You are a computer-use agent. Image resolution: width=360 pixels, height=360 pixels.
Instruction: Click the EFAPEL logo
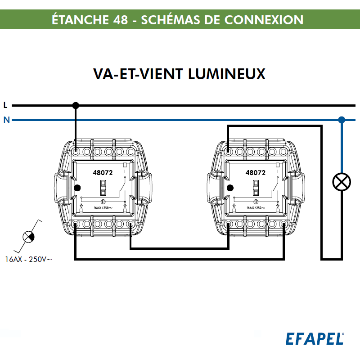pyautogui.click(x=315, y=338)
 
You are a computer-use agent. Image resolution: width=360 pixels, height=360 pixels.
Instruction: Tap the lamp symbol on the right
pyautogui.click(x=342, y=181)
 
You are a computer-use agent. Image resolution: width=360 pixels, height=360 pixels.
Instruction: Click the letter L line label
pyautogui.click(x=5, y=105)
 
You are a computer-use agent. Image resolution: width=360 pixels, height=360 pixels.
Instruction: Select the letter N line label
pyautogui.click(x=6, y=120)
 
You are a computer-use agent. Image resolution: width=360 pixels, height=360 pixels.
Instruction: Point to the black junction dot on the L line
pyautogui.click(x=76, y=105)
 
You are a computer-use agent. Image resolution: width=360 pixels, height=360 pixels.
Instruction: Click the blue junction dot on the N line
pyautogui.click(x=342, y=120)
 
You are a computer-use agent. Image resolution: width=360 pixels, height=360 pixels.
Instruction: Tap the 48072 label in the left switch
pyautogui.click(x=103, y=172)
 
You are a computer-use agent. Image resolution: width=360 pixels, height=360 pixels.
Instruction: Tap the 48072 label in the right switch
pyautogui.click(x=256, y=172)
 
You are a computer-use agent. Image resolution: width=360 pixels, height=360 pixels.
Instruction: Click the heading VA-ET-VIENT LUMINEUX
pyautogui.click(x=179, y=74)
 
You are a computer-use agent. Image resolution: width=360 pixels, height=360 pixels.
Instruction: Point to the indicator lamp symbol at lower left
pyautogui.click(x=28, y=236)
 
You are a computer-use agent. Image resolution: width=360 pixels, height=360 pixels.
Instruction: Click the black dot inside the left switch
pyautogui.click(x=77, y=188)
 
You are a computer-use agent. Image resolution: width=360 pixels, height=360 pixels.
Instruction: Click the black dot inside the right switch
pyautogui.click(x=230, y=188)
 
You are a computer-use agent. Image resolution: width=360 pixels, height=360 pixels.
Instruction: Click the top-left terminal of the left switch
pyautogui.click(x=76, y=152)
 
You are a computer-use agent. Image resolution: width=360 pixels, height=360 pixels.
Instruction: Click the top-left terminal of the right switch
pyautogui.click(x=229, y=152)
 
